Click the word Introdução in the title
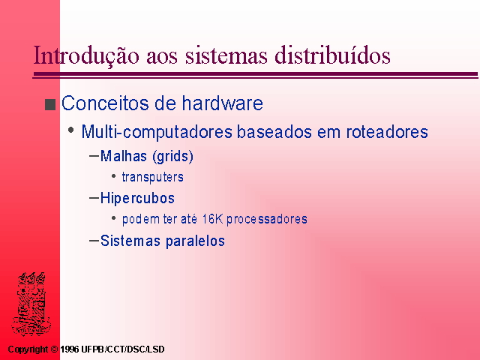86,55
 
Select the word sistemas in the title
226,55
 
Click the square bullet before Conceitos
50,104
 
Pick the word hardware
223,103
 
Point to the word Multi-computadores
157,132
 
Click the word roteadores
387,132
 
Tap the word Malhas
124,156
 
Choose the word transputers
153,177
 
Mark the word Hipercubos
137,198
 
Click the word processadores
267,220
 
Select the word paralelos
195,241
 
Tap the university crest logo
31,304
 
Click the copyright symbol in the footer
54,349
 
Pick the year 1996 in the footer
70,349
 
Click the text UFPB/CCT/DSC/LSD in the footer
123,349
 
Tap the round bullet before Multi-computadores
71,130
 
